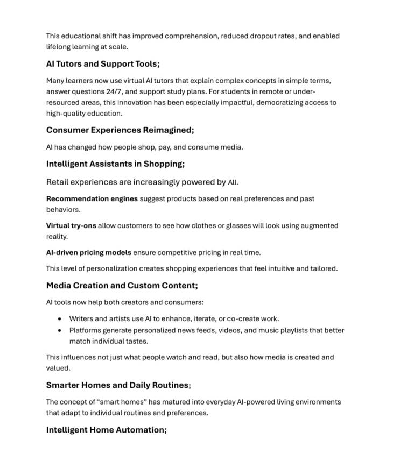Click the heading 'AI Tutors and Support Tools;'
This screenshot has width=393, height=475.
103,64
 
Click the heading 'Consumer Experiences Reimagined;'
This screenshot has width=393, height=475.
120,130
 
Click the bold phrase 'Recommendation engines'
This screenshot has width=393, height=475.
92,199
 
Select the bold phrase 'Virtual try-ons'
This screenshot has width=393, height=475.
71,226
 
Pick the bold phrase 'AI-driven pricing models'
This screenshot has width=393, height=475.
88,252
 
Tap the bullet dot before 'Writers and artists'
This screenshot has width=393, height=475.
59,319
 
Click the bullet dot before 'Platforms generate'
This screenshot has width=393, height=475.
59,330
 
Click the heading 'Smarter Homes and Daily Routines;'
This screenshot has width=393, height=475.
118,385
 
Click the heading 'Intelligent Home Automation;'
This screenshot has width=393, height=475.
107,430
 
